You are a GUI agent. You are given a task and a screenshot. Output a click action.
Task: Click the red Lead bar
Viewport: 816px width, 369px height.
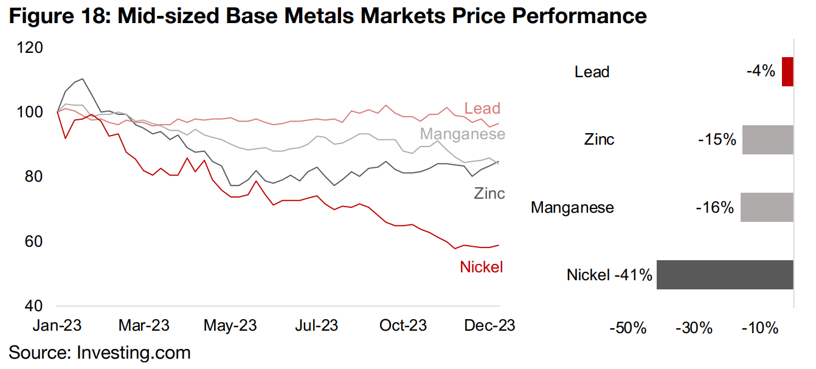point(788,72)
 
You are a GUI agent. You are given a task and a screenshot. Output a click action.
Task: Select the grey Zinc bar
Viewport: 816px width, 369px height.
point(768,139)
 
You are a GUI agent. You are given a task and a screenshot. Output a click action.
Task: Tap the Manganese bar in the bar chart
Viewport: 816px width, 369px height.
point(767,207)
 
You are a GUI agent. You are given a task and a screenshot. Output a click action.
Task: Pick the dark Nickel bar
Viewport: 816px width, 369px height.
point(725,275)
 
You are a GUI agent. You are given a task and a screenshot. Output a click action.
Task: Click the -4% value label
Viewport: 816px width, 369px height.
point(761,72)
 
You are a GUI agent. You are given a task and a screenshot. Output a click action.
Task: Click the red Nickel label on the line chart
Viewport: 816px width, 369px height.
point(482,266)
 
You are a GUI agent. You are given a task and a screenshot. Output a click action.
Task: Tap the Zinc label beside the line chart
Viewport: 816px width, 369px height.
point(489,193)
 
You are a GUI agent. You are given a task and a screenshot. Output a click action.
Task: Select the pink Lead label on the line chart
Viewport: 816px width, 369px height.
point(482,109)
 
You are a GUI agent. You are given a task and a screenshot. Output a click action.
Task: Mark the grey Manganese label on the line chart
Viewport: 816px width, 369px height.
point(463,134)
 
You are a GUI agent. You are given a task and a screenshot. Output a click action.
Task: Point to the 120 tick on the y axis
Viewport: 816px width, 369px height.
point(31,47)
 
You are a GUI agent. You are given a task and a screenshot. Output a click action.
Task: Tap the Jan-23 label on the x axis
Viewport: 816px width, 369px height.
point(57,325)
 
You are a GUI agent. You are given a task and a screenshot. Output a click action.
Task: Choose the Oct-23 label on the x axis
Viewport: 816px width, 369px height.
point(403,325)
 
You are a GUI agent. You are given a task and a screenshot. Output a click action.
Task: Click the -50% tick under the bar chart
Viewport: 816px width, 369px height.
point(628,329)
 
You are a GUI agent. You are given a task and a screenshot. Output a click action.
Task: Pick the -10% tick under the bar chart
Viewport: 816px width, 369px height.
point(760,329)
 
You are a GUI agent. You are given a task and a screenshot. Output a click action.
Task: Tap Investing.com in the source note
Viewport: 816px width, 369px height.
point(134,353)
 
